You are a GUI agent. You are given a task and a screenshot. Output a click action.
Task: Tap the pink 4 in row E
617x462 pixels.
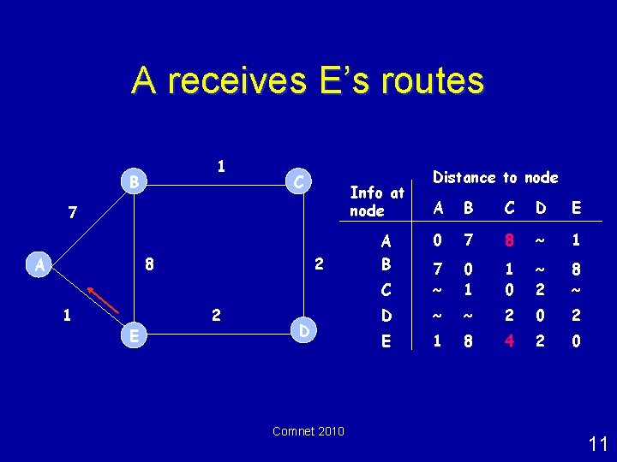(510, 341)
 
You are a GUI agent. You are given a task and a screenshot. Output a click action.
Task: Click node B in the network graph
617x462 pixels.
(133, 181)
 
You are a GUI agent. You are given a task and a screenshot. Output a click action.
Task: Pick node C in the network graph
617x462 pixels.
(297, 181)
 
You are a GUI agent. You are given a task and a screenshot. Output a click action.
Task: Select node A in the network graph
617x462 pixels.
(39, 264)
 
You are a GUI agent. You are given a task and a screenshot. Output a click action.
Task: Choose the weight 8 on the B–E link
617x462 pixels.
(149, 264)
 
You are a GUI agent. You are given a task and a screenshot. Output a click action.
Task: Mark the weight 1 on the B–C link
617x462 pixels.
(221, 165)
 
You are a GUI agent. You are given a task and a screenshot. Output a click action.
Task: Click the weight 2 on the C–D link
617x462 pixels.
(318, 264)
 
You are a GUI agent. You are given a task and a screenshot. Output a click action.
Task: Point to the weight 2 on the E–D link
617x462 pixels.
(216, 317)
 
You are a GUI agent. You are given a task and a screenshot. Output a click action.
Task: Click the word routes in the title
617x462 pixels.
(426, 81)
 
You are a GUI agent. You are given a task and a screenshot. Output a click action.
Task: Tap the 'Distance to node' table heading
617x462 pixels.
(495, 178)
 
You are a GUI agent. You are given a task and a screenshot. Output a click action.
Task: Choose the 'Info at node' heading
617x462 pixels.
(376, 202)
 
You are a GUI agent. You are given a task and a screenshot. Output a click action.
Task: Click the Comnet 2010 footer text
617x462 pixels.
(308, 431)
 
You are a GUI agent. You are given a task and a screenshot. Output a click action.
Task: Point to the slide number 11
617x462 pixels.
(598, 443)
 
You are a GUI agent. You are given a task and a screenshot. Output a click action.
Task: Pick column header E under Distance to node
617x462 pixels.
(575, 209)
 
